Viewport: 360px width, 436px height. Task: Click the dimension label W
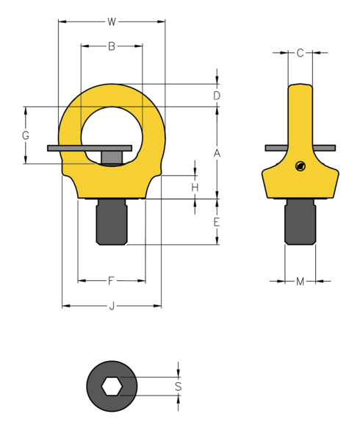111,21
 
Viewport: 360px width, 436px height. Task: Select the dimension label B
112,46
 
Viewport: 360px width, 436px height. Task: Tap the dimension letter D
217,96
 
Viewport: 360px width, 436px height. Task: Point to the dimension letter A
217,153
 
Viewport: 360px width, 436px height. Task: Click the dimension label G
26,136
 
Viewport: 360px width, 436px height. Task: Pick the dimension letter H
195,188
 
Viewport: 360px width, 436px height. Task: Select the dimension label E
217,222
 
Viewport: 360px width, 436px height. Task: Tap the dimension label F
111,280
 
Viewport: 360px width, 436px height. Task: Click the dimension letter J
112,306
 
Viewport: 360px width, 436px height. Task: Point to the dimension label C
300,53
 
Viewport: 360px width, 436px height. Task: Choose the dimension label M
300,281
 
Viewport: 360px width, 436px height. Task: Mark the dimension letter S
178,386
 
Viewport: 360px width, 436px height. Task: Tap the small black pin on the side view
299,167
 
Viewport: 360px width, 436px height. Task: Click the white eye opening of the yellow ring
112,125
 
